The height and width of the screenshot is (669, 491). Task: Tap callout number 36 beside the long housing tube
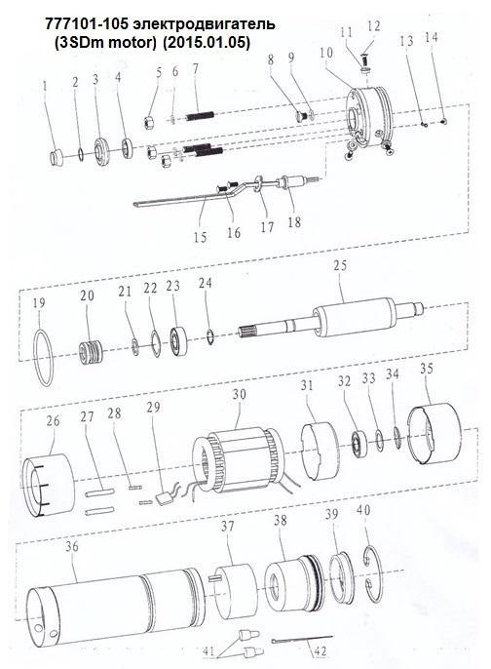tap(71, 546)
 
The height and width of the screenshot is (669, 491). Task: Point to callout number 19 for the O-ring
tap(38, 304)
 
